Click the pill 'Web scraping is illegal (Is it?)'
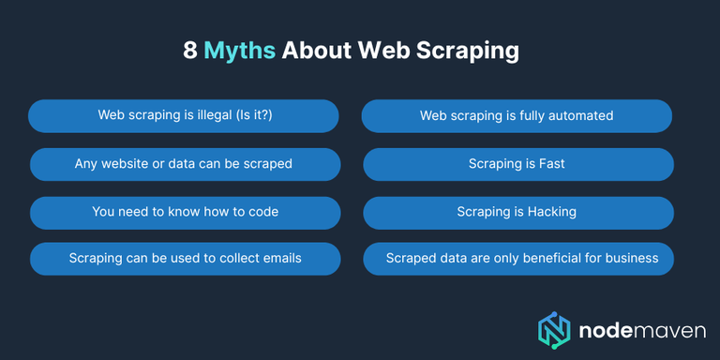183,116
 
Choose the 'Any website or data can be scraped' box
184,164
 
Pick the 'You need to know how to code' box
185,212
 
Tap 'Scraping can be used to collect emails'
185,258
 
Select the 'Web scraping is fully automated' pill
517,116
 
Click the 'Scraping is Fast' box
517,164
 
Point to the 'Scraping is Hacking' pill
517,212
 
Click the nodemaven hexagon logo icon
555,329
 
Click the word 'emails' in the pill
280,258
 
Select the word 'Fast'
550,164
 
